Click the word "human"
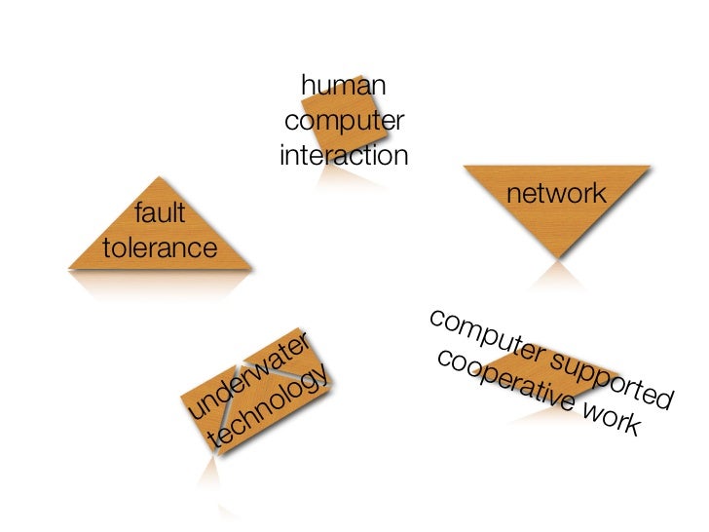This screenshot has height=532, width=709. [343, 88]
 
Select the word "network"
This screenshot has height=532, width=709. [557, 195]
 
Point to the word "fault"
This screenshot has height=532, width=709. [162, 212]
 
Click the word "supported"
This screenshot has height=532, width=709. [604, 377]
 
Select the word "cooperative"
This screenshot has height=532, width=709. [505, 386]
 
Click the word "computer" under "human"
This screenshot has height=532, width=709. [344, 122]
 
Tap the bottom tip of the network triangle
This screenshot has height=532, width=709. [557, 257]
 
